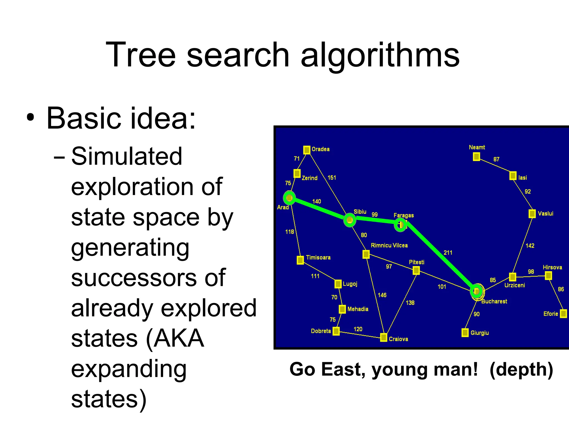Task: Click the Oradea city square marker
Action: (306, 150)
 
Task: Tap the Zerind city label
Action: (310, 178)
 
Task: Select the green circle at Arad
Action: (290, 198)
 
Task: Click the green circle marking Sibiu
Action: (350, 220)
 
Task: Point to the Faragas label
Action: (403, 215)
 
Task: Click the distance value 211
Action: (448, 252)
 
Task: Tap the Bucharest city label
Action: (494, 301)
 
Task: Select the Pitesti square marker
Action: (416, 270)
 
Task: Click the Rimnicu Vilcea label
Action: (389, 245)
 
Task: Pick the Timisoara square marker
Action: (300, 260)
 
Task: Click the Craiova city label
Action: (398, 339)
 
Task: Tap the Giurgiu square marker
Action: (465, 333)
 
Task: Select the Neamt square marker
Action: (476, 157)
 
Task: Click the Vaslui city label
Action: (545, 214)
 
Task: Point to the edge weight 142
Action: (530, 246)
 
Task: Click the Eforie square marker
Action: (563, 314)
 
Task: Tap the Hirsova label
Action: (552, 267)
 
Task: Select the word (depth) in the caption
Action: (521, 369)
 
